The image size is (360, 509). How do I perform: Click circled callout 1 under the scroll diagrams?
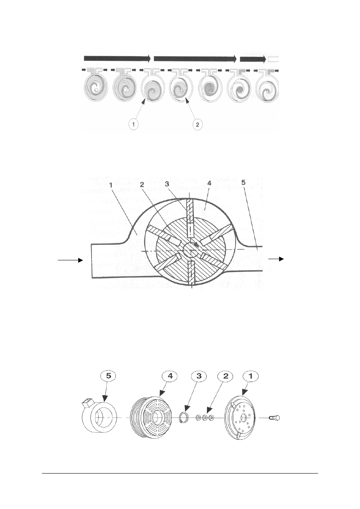[x=133, y=124]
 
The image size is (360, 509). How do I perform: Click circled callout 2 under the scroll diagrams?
[x=197, y=124]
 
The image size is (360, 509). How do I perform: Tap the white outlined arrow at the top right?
[x=273, y=59]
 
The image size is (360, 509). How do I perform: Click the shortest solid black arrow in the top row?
[x=253, y=59]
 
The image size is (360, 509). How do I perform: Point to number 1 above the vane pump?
[x=111, y=185]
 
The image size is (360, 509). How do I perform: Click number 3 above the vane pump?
[x=167, y=184]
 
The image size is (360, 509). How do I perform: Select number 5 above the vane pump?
[x=243, y=183]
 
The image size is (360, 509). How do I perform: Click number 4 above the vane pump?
[x=209, y=183]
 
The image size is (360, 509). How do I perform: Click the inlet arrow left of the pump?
[x=70, y=260]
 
